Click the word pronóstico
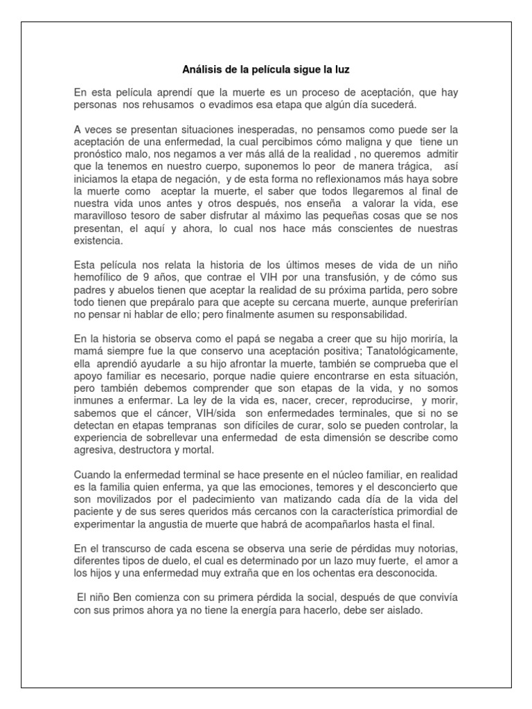99,152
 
